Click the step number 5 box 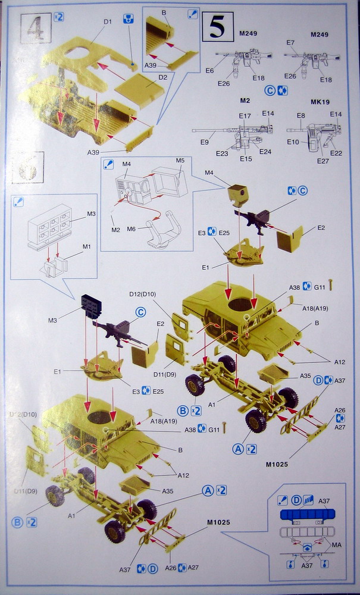pos(217,26)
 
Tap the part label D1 pos(107,23)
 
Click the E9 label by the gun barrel pos(205,142)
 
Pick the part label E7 pos(290,43)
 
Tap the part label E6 pos(209,71)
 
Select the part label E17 pos(245,115)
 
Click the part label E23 pos(221,154)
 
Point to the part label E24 pos(265,151)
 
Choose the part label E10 pos(292,142)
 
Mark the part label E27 pos(323,161)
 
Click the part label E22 pos(336,153)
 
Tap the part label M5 pos(180,161)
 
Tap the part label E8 pos(301,115)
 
